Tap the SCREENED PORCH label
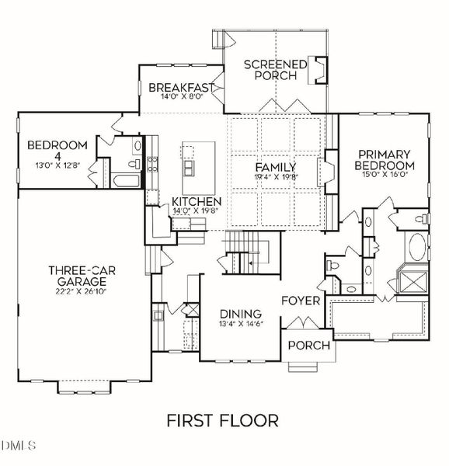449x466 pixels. tap(275, 70)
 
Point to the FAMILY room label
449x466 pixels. tap(276, 166)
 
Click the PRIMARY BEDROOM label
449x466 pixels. tap(384, 160)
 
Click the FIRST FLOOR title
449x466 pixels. tap(223, 421)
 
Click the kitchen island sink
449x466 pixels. tap(188, 167)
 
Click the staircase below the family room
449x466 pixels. tap(250, 253)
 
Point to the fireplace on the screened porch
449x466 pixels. tap(319, 71)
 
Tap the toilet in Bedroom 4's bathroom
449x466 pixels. tap(137, 146)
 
